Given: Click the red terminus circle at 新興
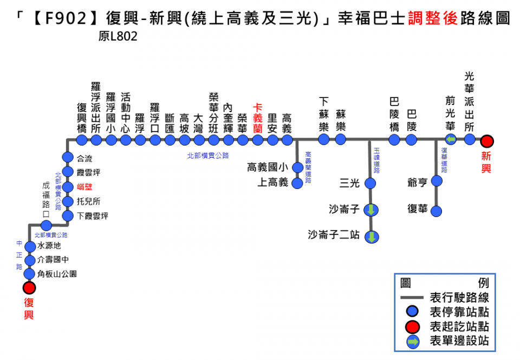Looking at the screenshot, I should coord(487,141).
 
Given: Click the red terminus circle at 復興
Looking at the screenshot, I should coord(29,287).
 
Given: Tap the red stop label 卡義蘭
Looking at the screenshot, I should coord(258,117).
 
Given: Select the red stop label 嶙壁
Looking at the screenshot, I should coord(85,187).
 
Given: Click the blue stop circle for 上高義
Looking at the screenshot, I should coord(297,183).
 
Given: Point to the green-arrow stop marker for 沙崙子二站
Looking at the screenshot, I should coord(372,237).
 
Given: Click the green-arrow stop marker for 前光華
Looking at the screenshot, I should coord(451,140).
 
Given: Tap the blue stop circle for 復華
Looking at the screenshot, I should coord(437,209).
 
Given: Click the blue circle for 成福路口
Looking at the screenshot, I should coord(46,225).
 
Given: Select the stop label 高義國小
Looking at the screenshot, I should coord(268,168).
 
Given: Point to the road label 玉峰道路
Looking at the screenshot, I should coord(376,160).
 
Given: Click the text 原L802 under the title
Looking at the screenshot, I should coord(118,37).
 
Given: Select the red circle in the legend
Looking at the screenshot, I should coord(413,326).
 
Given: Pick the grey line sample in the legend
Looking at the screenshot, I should coord(413,298).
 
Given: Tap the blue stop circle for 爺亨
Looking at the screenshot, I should coord(437,180).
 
